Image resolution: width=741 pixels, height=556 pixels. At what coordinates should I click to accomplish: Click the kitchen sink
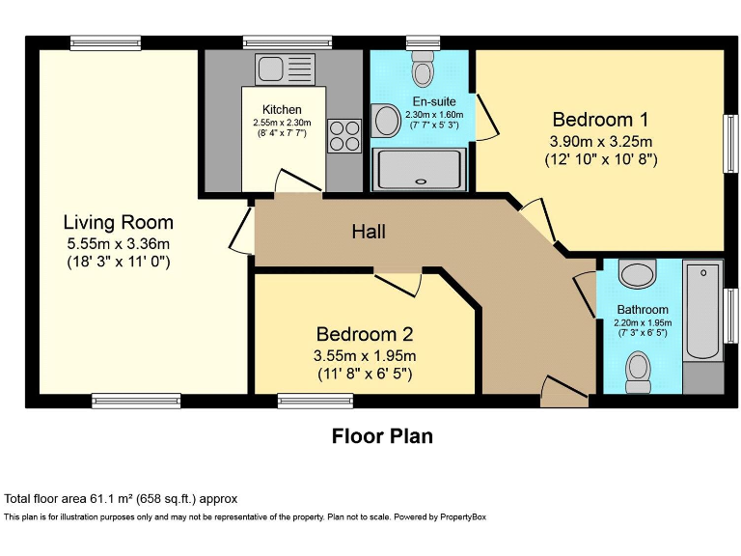[285, 69]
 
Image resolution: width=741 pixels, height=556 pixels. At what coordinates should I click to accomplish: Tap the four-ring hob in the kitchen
[344, 136]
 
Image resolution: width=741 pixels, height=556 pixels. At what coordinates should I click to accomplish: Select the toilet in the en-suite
[423, 68]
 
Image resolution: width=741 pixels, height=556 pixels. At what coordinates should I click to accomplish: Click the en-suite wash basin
[386, 121]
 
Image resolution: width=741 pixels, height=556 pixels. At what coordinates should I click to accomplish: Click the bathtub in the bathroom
[703, 312]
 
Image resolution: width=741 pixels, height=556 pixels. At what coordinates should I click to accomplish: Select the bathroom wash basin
[637, 274]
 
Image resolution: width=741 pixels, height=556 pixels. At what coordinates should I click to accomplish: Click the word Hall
[369, 232]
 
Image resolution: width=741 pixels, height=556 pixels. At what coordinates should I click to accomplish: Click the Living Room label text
[119, 222]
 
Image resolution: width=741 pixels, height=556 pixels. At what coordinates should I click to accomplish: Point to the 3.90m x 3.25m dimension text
[601, 141]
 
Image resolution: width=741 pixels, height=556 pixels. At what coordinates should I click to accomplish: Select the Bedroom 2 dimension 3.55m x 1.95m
[365, 354]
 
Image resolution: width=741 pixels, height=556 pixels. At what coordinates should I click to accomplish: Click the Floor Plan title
[382, 436]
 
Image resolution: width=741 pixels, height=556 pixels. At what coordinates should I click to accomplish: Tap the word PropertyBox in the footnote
[463, 516]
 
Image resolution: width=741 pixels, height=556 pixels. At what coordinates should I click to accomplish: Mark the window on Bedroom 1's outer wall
[731, 143]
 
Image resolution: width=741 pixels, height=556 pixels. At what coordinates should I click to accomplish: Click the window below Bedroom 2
[316, 401]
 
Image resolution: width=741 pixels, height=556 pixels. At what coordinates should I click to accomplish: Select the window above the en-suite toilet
[423, 42]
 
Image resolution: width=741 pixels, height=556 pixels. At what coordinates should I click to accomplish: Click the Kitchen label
[282, 110]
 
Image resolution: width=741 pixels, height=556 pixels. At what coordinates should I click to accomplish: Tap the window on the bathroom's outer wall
[731, 316]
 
